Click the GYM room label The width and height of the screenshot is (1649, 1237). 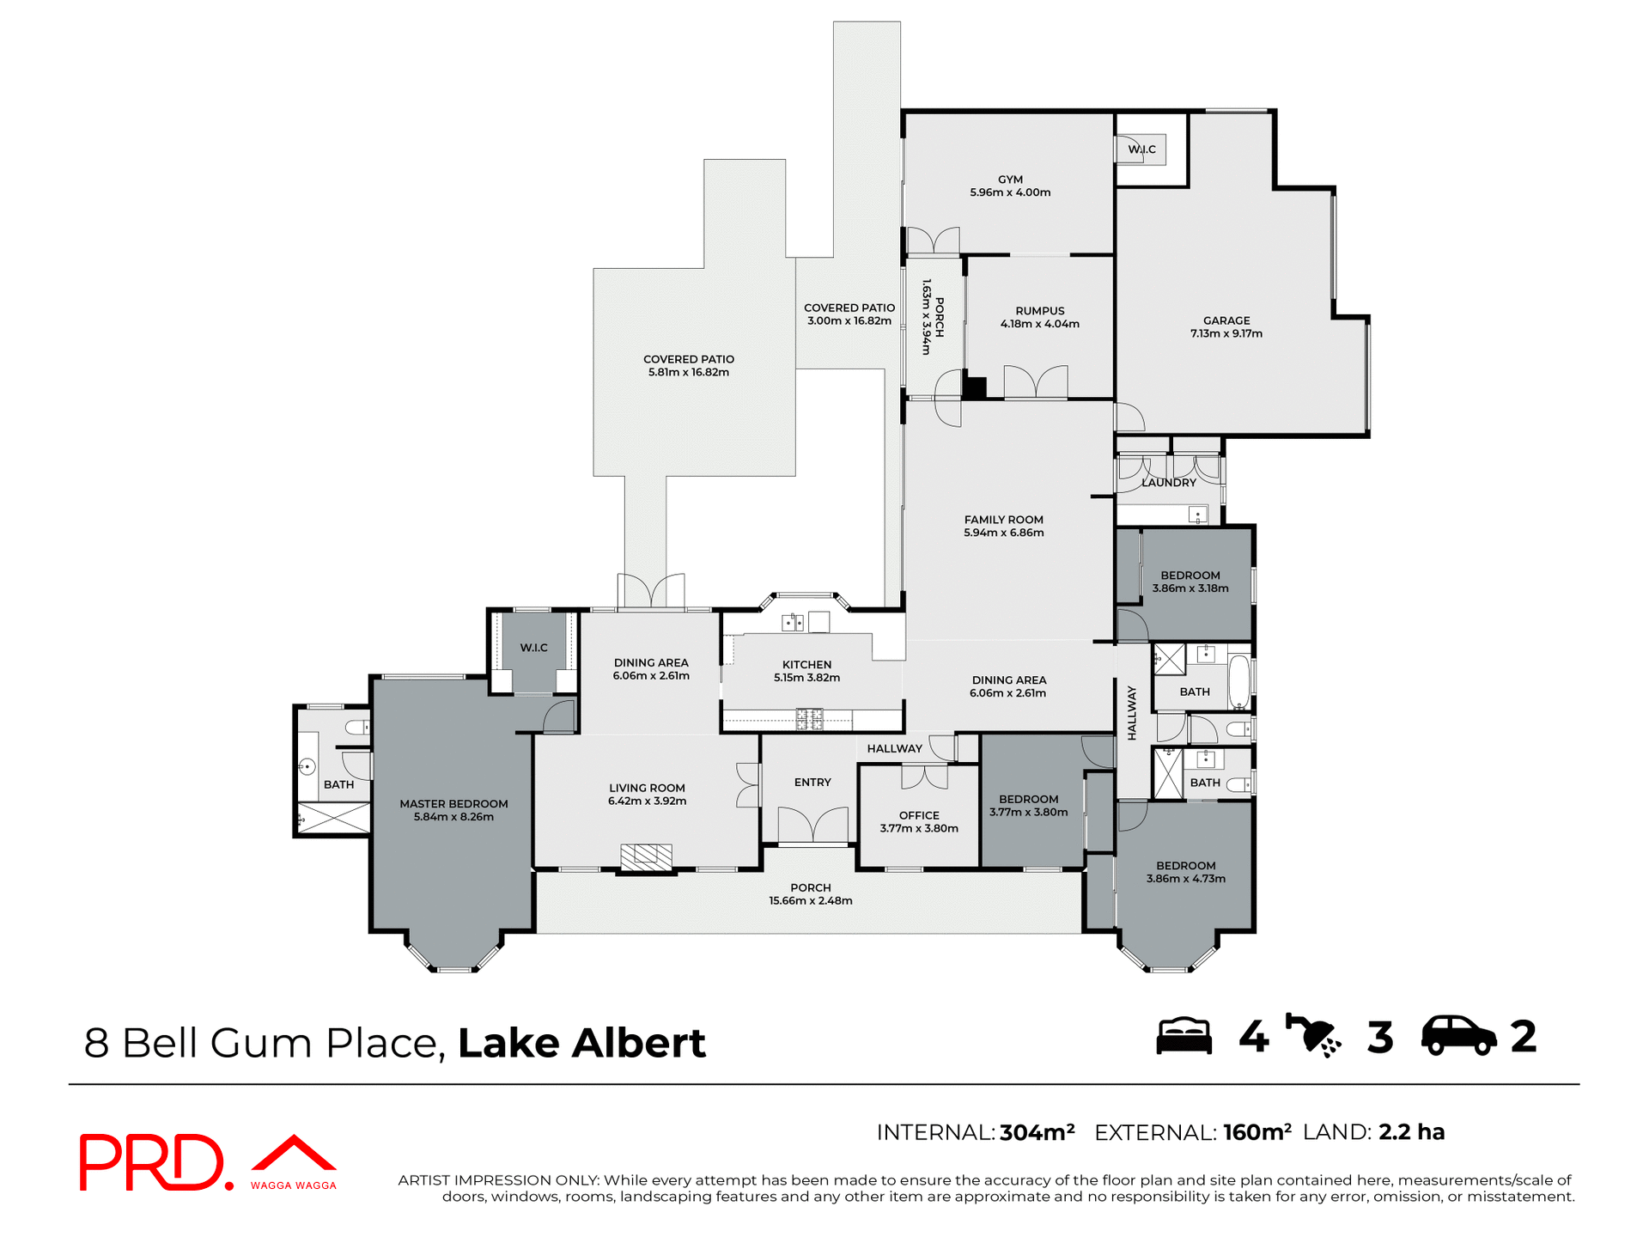coord(1010,180)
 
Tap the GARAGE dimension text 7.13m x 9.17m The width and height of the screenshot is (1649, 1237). coord(1226,334)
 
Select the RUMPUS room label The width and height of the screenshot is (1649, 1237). coord(1039,311)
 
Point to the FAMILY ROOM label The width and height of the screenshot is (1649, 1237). coord(1003,520)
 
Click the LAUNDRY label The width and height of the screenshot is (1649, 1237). coord(1168,483)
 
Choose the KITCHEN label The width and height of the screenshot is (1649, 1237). coord(806,664)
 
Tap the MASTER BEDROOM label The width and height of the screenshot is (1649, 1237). coord(453,804)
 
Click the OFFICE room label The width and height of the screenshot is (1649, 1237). coord(919,815)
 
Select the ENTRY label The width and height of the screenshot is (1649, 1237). coord(812,783)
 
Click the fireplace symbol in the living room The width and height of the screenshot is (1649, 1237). coord(646,856)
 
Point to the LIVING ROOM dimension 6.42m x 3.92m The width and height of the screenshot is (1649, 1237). coord(647,801)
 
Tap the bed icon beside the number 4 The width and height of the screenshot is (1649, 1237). coord(1184,1036)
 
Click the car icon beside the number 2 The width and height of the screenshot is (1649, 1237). coord(1458,1036)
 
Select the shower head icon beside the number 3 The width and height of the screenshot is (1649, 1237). coord(1312,1036)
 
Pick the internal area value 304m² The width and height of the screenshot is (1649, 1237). coord(1037,1132)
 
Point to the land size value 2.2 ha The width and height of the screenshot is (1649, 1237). coord(1411,1132)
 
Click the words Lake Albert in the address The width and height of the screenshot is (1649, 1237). coord(581,1043)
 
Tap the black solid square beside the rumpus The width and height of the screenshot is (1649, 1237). coord(974,387)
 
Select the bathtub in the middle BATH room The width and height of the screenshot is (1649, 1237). coord(1238,680)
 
